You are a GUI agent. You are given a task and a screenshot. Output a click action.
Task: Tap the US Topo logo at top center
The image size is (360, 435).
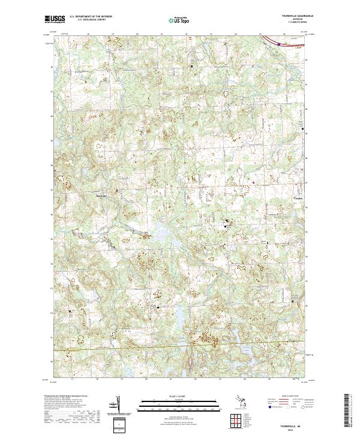click(175, 20)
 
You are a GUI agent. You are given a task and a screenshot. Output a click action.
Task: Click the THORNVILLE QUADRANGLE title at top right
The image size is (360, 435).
click(290, 16)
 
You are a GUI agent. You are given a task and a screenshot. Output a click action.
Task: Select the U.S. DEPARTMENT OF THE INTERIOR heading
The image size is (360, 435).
click(91, 16)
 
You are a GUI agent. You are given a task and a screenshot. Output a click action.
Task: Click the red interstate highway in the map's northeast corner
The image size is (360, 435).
click(288, 43)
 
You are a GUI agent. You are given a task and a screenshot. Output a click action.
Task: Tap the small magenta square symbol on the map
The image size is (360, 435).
click(253, 182)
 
